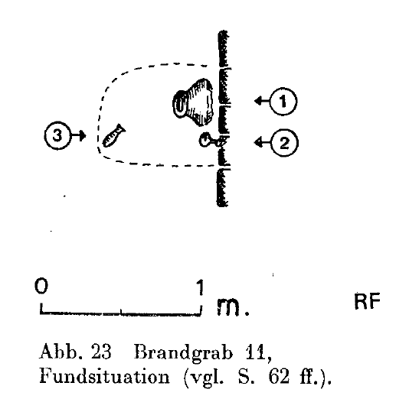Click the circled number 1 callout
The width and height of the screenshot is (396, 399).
(x=283, y=102)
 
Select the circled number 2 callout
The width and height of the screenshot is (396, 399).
(x=284, y=143)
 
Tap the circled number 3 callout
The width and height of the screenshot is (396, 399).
(x=57, y=135)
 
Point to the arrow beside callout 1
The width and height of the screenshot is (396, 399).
(x=262, y=101)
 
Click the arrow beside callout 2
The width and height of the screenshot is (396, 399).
(x=262, y=142)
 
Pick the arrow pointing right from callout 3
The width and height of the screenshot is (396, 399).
(x=78, y=135)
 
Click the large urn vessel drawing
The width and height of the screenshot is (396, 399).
(x=193, y=102)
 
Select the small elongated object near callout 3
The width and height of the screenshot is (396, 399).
(x=113, y=135)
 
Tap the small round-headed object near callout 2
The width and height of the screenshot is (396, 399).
(x=210, y=141)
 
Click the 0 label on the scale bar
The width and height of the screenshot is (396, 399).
(x=41, y=286)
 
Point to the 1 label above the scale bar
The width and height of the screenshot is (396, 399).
(x=201, y=287)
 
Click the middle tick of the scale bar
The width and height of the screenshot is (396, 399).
(x=121, y=311)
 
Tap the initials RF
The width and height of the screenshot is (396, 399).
(x=367, y=301)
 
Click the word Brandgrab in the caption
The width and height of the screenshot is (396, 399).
(x=183, y=352)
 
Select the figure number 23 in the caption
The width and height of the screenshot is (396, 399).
(x=101, y=352)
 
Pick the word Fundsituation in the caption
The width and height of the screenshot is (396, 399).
(x=104, y=376)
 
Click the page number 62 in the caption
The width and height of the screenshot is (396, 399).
(x=279, y=376)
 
